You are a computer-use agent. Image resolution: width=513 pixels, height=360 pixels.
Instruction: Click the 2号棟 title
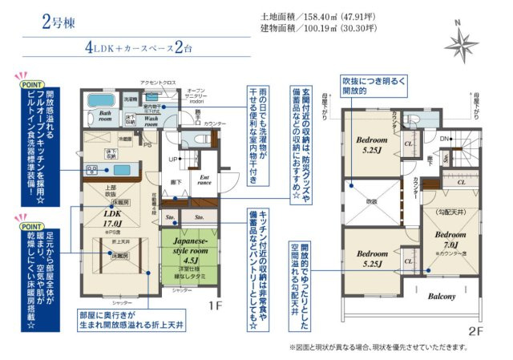pyautogui.click(x=58, y=21)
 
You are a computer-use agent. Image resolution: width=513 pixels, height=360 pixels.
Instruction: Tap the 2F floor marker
pyautogui.click(x=475, y=330)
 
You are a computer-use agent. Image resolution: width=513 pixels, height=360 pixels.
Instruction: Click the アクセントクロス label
pyautogui.click(x=134, y=83)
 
